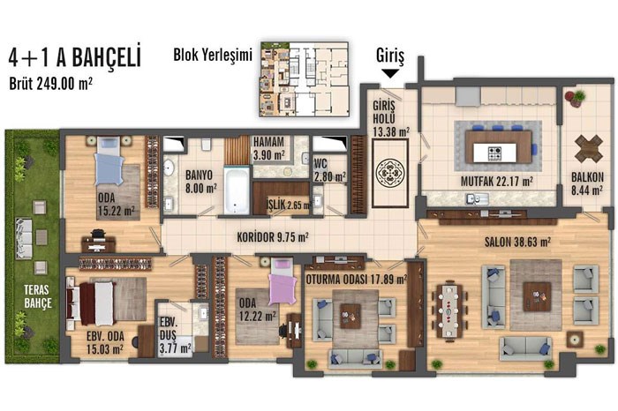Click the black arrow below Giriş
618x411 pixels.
click(x=390, y=73)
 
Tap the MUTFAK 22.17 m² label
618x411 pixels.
click(x=496, y=182)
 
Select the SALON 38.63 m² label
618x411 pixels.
click(x=517, y=242)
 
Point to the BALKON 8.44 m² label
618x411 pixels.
click(x=587, y=183)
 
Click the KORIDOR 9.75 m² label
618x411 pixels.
click(x=273, y=237)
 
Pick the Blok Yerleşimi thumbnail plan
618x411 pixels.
click(x=304, y=79)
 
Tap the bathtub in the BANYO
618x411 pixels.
click(x=237, y=191)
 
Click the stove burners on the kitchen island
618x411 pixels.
click(x=494, y=153)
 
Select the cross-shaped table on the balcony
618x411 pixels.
click(x=589, y=148)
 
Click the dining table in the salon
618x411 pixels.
click(x=448, y=311)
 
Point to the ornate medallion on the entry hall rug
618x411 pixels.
click(x=390, y=172)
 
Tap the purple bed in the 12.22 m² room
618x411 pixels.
click(x=282, y=282)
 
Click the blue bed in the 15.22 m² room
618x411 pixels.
click(x=109, y=161)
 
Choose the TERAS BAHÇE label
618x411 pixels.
click(x=38, y=296)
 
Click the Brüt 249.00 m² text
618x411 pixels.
click(x=51, y=84)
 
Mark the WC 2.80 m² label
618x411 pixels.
click(x=330, y=169)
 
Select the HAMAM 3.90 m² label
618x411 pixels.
click(x=268, y=148)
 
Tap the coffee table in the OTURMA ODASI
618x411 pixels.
click(x=350, y=316)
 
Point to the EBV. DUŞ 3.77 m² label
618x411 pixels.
click(x=175, y=335)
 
